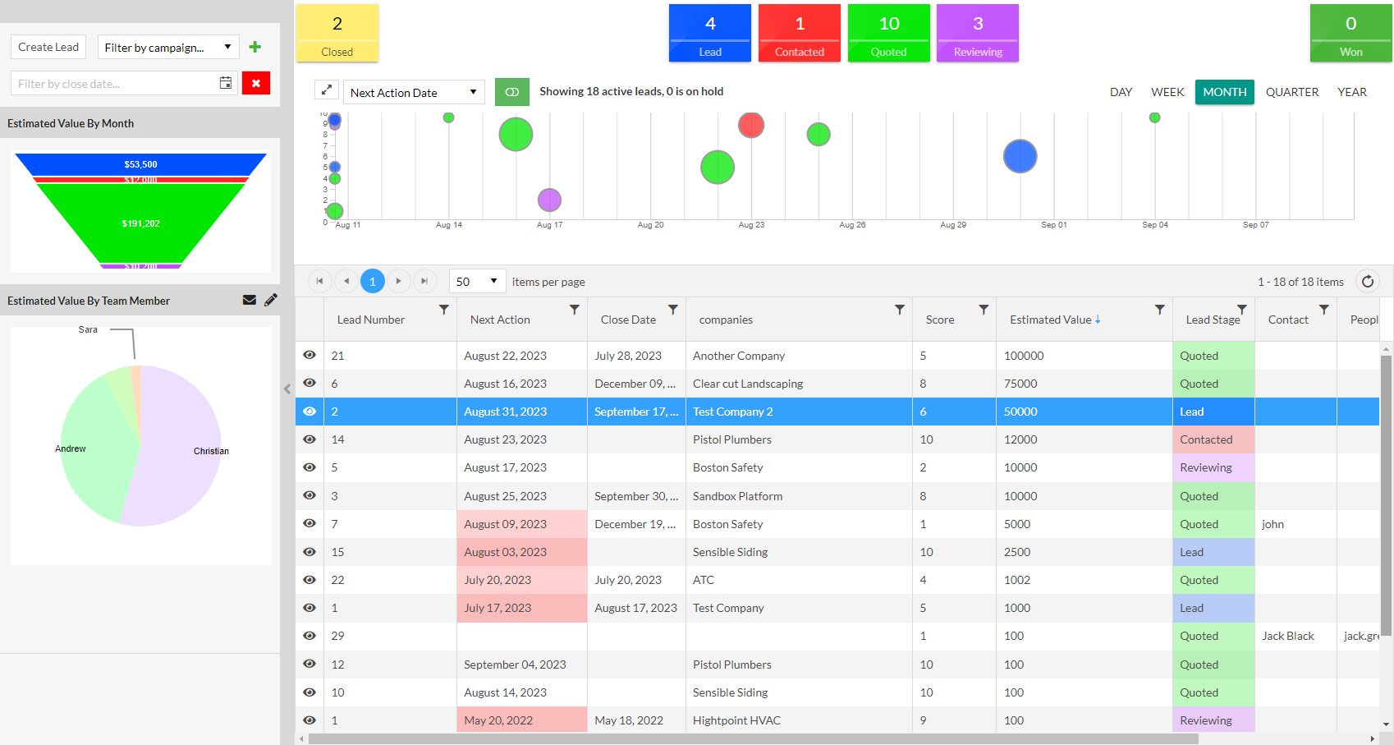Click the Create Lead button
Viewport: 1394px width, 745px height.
tap(48, 47)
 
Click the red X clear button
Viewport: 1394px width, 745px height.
tap(255, 83)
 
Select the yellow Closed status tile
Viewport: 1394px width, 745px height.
tap(337, 33)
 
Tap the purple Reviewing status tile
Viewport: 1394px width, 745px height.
tap(977, 33)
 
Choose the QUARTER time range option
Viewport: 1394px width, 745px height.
tap(1291, 92)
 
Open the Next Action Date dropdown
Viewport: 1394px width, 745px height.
tap(414, 92)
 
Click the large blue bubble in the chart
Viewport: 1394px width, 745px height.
tap(1020, 156)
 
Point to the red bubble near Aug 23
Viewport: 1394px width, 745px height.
tap(751, 125)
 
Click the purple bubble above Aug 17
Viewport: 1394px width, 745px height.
tap(549, 200)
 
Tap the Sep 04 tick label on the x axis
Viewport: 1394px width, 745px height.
tap(1154, 225)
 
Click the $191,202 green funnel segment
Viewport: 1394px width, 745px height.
tap(141, 223)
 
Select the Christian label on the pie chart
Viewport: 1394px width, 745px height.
tap(211, 451)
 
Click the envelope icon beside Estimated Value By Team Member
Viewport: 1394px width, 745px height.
tap(250, 300)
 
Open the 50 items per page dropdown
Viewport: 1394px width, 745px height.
tap(477, 282)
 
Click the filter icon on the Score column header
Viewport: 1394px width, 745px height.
tap(983, 310)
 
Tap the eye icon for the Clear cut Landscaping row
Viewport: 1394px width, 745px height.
tap(310, 384)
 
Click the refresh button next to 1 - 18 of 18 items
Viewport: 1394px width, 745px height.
tap(1367, 282)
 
